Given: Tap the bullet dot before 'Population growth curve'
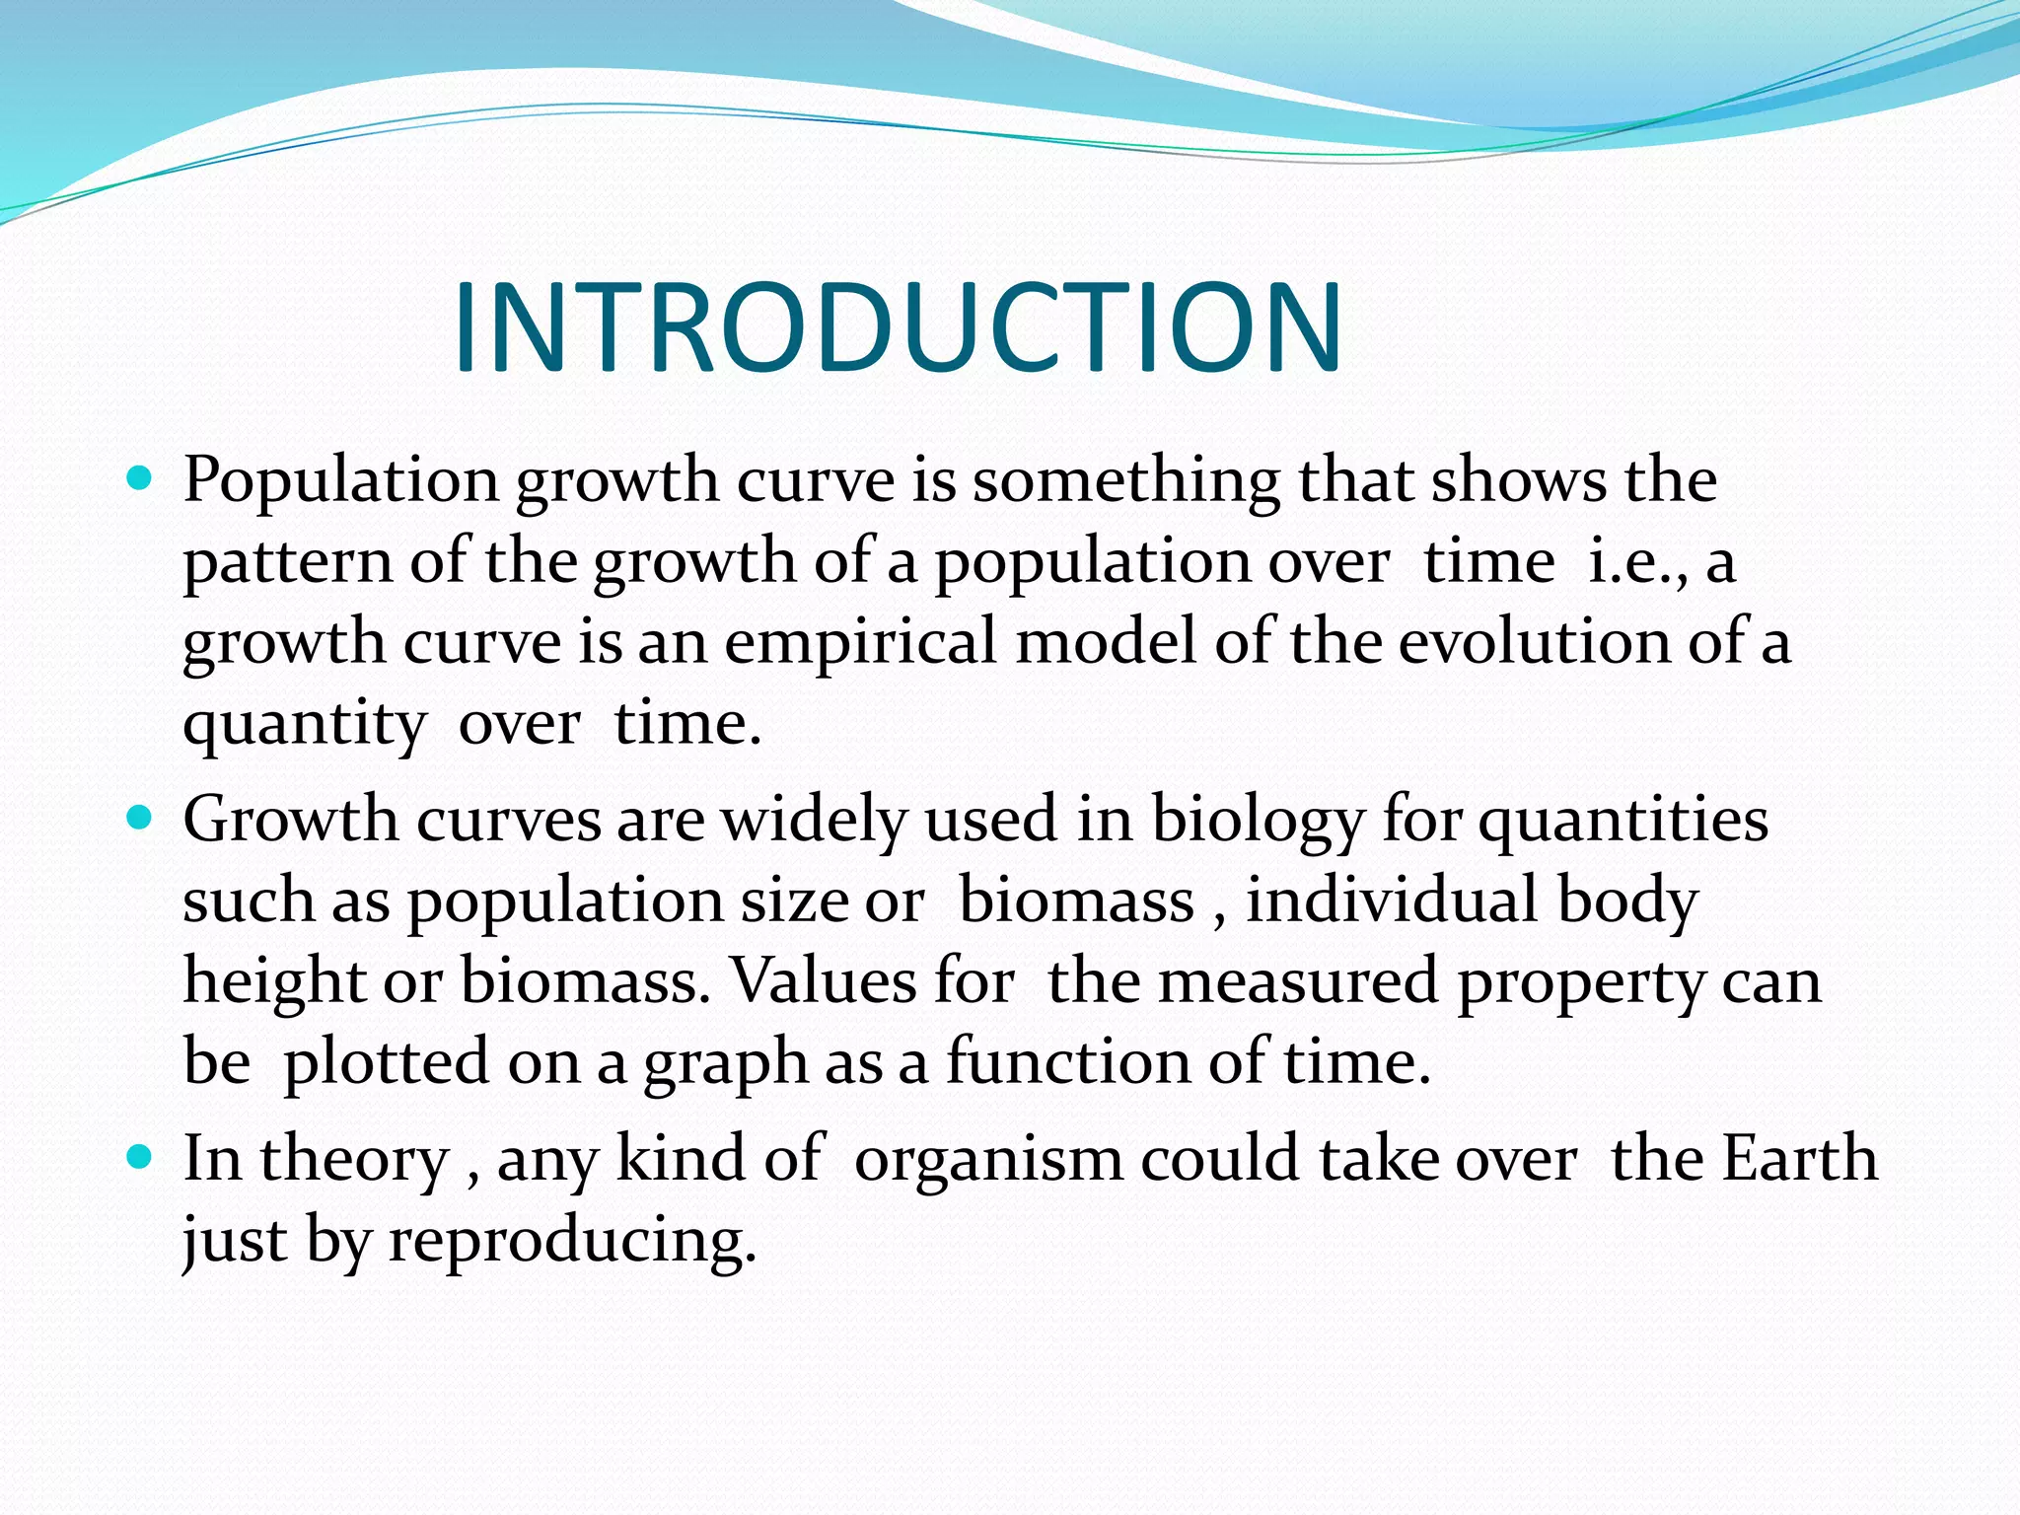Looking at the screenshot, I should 139,480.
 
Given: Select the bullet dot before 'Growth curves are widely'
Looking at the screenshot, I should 139,819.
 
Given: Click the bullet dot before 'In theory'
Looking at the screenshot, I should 139,1157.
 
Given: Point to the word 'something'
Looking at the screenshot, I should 1125,481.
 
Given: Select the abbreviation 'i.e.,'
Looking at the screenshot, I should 1638,562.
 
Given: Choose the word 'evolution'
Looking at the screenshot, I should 1534,643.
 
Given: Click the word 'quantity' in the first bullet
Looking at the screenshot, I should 304,726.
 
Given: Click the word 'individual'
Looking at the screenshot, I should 1392,902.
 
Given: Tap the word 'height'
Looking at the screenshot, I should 274,984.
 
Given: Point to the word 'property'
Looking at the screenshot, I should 1581,984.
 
